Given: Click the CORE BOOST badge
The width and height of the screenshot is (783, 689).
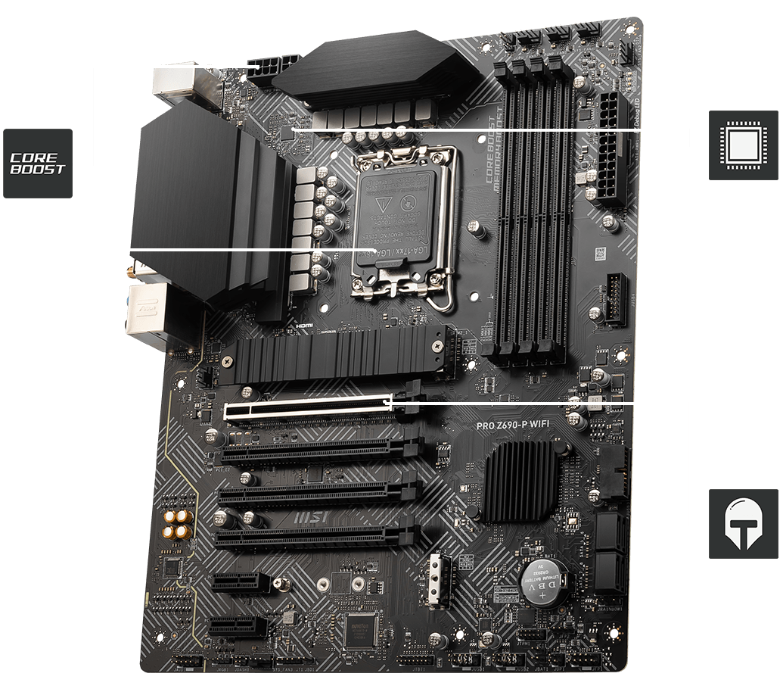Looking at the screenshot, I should tap(38, 164).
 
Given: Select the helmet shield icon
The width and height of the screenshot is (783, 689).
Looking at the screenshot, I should tap(744, 523).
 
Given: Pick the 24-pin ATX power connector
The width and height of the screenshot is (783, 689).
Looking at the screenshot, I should tap(611, 149).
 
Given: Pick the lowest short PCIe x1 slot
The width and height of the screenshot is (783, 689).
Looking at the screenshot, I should tap(239, 626).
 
